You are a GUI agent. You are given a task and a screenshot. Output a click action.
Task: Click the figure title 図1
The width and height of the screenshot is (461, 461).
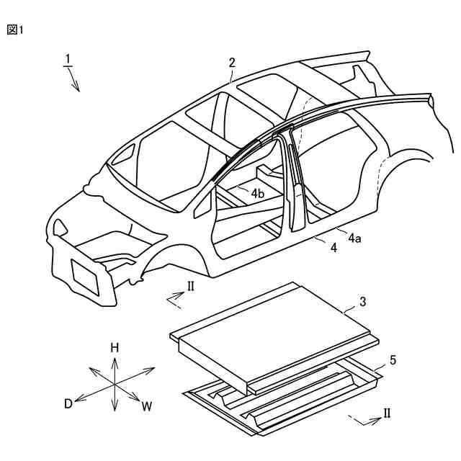click(x=15, y=30)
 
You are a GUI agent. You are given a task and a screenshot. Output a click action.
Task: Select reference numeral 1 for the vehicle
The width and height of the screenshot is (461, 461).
click(x=67, y=58)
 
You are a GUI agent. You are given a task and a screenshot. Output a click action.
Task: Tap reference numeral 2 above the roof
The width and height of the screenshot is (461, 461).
click(x=232, y=63)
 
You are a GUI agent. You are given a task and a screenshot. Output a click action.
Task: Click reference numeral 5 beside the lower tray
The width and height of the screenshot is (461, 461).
click(x=392, y=358)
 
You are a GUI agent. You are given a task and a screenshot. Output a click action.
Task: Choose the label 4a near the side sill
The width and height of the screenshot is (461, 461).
click(x=354, y=237)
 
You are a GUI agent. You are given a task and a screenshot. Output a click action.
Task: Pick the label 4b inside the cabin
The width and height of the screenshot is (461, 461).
click(x=257, y=193)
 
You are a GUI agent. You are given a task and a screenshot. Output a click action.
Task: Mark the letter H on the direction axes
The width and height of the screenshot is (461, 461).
click(x=115, y=347)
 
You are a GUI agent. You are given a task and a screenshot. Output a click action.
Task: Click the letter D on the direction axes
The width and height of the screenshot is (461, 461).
click(x=68, y=403)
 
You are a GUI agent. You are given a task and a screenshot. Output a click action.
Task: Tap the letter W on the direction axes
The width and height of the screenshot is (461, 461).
click(x=147, y=406)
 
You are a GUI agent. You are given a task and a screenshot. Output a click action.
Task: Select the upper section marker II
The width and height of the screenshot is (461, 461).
click(x=190, y=286)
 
